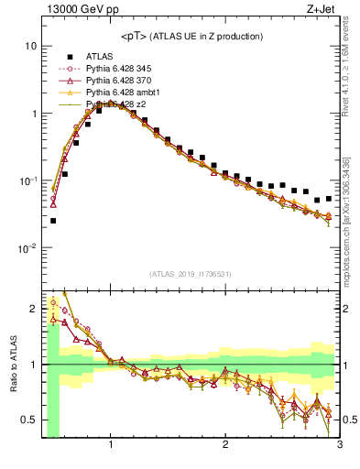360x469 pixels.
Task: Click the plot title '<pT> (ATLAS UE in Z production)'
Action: [191, 36]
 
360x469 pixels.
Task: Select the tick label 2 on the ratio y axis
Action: [33, 308]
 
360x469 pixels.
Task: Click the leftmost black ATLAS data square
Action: [53, 220]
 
